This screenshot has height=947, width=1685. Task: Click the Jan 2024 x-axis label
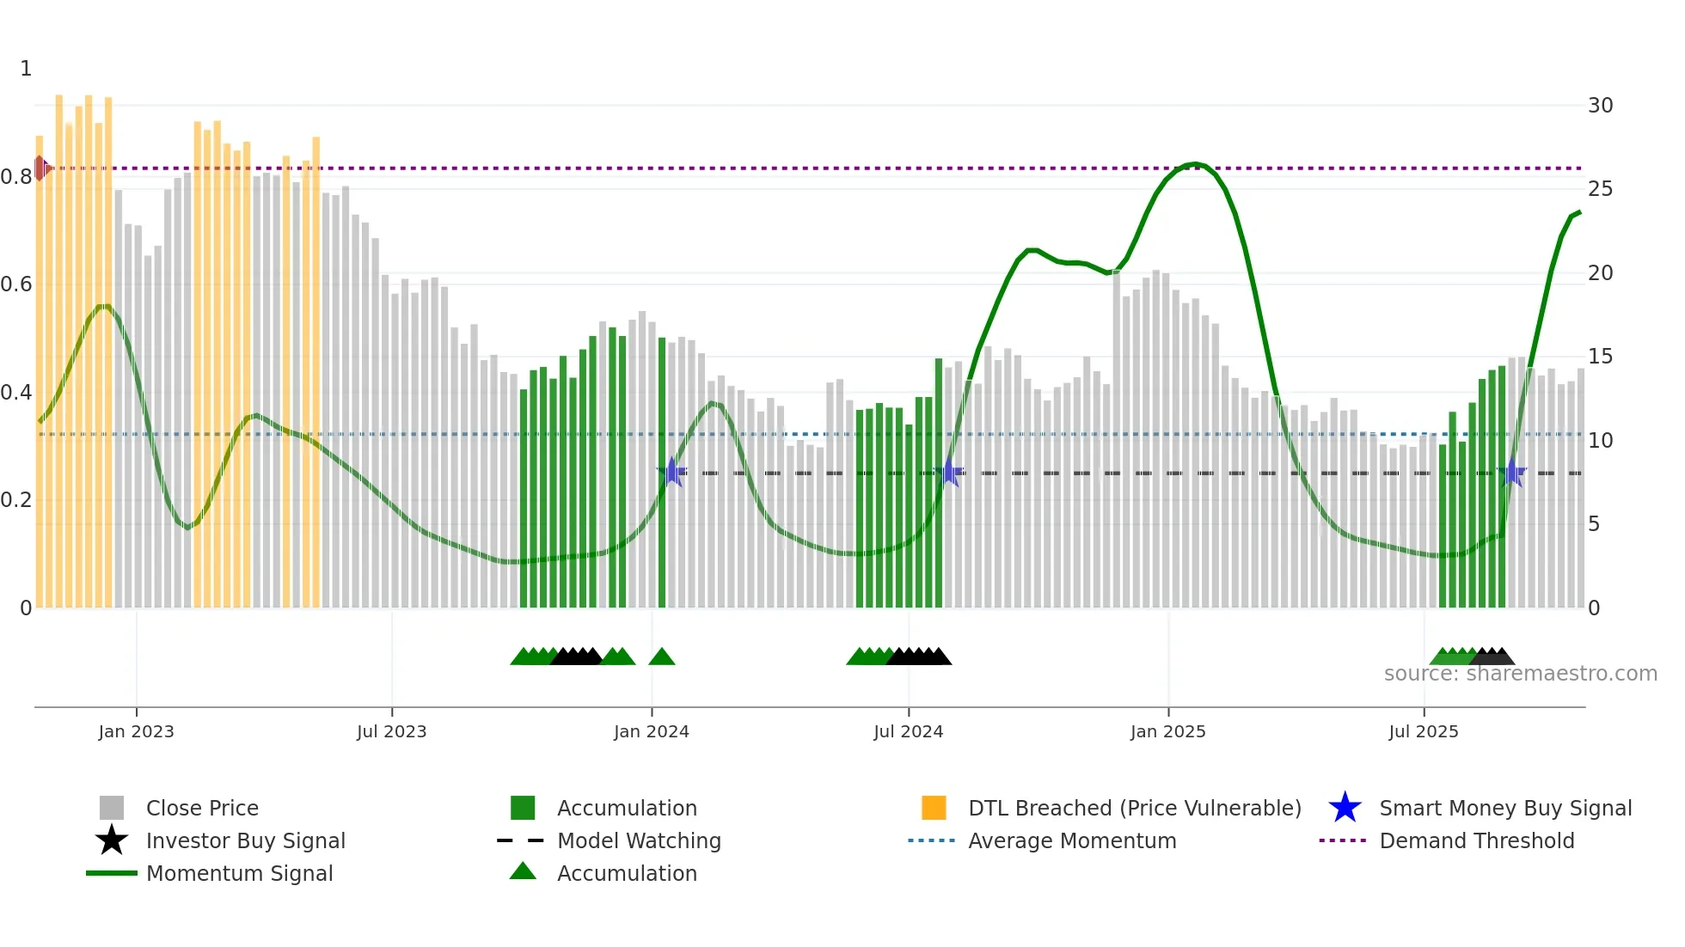point(651,731)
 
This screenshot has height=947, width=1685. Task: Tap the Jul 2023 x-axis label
point(391,731)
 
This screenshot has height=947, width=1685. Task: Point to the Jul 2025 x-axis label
point(1423,731)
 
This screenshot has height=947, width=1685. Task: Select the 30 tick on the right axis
point(1600,106)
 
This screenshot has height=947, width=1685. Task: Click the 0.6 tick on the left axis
point(16,284)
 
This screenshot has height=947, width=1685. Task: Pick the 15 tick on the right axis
point(1600,357)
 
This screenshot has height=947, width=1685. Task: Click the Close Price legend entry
point(202,808)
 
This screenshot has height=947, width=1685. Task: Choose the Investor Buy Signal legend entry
point(245,840)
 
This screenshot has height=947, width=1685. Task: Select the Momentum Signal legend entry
point(239,873)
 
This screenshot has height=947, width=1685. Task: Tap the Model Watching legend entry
point(639,840)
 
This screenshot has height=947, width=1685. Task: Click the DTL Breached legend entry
point(1134,808)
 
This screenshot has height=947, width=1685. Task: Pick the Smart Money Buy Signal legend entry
point(1504,808)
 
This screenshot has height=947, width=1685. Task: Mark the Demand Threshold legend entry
point(1476,840)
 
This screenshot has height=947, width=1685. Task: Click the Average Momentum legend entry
point(1071,840)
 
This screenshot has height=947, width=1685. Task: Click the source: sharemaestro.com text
point(1520,674)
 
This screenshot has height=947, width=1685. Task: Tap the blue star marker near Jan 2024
point(672,472)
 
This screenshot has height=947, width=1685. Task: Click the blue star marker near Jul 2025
point(1511,473)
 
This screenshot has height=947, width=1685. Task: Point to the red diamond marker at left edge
point(40,168)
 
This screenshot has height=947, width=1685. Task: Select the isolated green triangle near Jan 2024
point(661,657)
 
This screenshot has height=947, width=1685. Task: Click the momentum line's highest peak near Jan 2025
point(1194,163)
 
